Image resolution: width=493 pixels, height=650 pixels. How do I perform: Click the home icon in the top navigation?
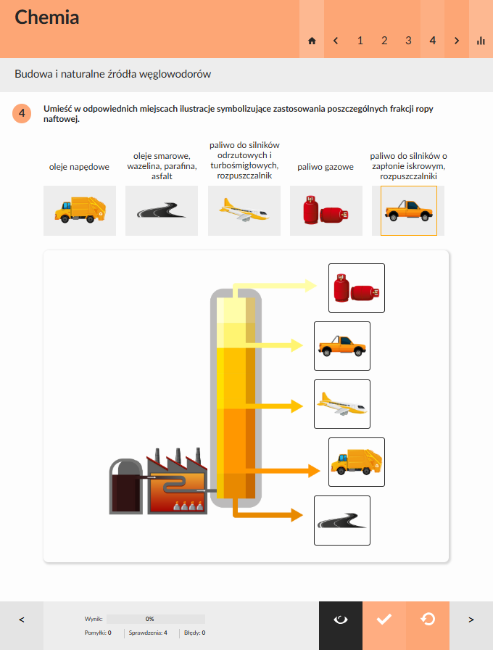coord(312,41)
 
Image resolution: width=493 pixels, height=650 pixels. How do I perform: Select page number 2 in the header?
coord(384,41)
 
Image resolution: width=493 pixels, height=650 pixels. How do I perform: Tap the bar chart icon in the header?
coord(481,41)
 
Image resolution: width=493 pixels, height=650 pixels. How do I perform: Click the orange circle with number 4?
coord(22,113)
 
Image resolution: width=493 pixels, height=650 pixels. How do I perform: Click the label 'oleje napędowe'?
coord(79,167)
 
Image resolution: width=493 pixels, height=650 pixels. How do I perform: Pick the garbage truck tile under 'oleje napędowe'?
coord(80,210)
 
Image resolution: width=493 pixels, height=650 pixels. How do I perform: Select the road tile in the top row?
coord(162,210)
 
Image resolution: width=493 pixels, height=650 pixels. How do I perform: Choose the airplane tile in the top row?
coord(244,210)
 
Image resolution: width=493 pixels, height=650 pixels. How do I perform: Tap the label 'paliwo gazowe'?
coord(326,167)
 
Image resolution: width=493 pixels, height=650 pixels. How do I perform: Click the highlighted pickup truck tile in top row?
coord(408,210)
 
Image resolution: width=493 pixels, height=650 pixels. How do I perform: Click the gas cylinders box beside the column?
coord(357,288)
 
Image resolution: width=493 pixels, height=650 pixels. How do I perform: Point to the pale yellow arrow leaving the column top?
coord(274,286)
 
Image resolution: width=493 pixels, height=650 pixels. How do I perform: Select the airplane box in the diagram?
coord(342,404)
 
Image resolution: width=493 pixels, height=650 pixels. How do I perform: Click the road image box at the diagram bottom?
coord(342,521)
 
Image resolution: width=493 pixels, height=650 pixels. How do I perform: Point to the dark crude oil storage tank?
coord(126,487)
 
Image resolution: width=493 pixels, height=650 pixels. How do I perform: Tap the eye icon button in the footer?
coord(341,620)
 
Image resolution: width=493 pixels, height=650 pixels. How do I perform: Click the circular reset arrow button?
coord(428,620)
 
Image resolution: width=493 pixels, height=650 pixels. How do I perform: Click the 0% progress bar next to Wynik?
coord(156,619)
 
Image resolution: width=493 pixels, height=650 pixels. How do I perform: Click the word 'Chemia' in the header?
coord(47,17)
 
